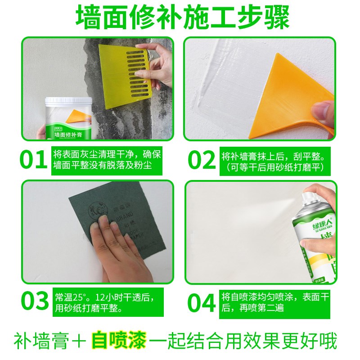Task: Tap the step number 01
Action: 34,160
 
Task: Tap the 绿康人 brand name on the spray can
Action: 308,219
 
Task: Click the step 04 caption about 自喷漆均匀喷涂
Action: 275,303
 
